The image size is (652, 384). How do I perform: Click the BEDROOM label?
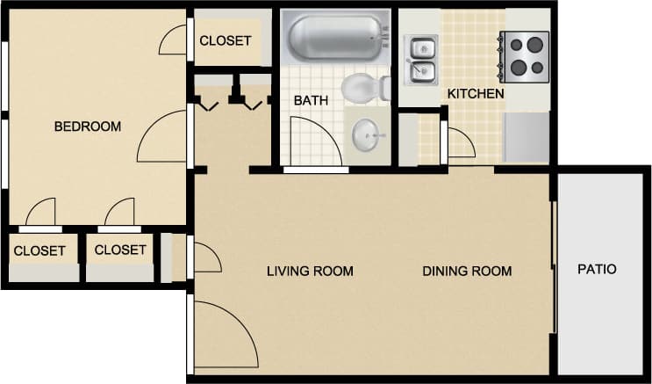pos(88,127)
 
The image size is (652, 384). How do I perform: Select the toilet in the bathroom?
pos(363,88)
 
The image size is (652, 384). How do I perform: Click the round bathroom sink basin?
pos(367,134)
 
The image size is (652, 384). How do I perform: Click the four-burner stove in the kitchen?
pos(525,54)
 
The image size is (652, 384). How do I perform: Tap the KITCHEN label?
pos(476,93)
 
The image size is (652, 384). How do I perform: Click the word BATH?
pos(311,101)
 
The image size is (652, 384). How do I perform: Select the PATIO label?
pos(597,270)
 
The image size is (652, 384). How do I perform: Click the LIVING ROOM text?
pos(310,271)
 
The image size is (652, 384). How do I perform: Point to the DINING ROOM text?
pos(467,271)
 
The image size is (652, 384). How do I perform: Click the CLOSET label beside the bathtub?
pos(226,40)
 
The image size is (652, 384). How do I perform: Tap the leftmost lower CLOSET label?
pos(39,250)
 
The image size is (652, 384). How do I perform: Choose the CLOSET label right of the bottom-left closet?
pos(120,250)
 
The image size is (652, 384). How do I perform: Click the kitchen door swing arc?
pos(461,142)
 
